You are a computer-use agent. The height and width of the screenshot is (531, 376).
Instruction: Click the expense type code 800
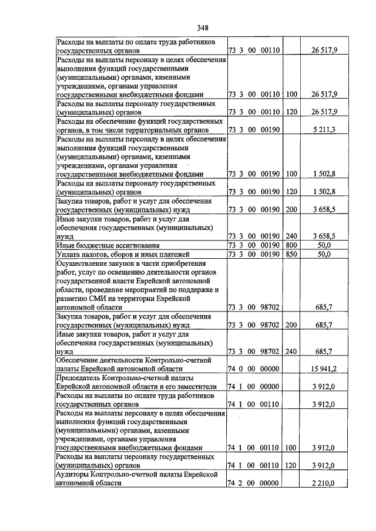[x=291, y=245]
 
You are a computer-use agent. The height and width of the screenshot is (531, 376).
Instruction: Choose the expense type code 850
[x=291, y=253]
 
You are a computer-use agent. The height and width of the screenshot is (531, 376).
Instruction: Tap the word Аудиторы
[x=76, y=474]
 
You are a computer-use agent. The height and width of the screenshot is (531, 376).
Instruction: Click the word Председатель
[x=83, y=378]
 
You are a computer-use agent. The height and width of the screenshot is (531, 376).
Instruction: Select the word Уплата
[x=69, y=253]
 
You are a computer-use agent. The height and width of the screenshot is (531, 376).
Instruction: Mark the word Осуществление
[x=85, y=263]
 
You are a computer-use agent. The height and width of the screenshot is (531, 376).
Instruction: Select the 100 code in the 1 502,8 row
[x=291, y=174]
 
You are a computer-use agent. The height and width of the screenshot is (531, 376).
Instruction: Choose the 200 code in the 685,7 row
[x=291, y=324]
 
